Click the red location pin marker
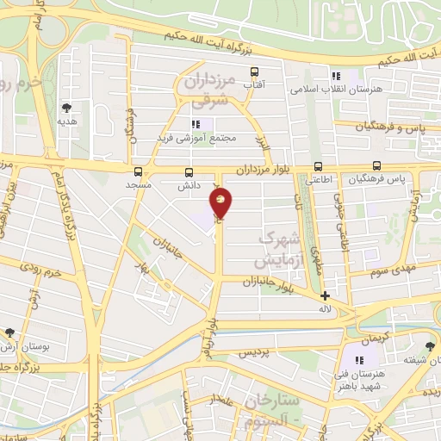tap(220, 203)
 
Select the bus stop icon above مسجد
tap(138, 171)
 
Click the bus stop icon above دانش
tap(189, 171)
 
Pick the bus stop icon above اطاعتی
tap(319, 167)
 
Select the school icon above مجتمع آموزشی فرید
tap(196, 124)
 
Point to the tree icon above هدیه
tap(66, 108)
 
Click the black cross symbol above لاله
tap(325, 295)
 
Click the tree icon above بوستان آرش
tap(9, 332)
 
